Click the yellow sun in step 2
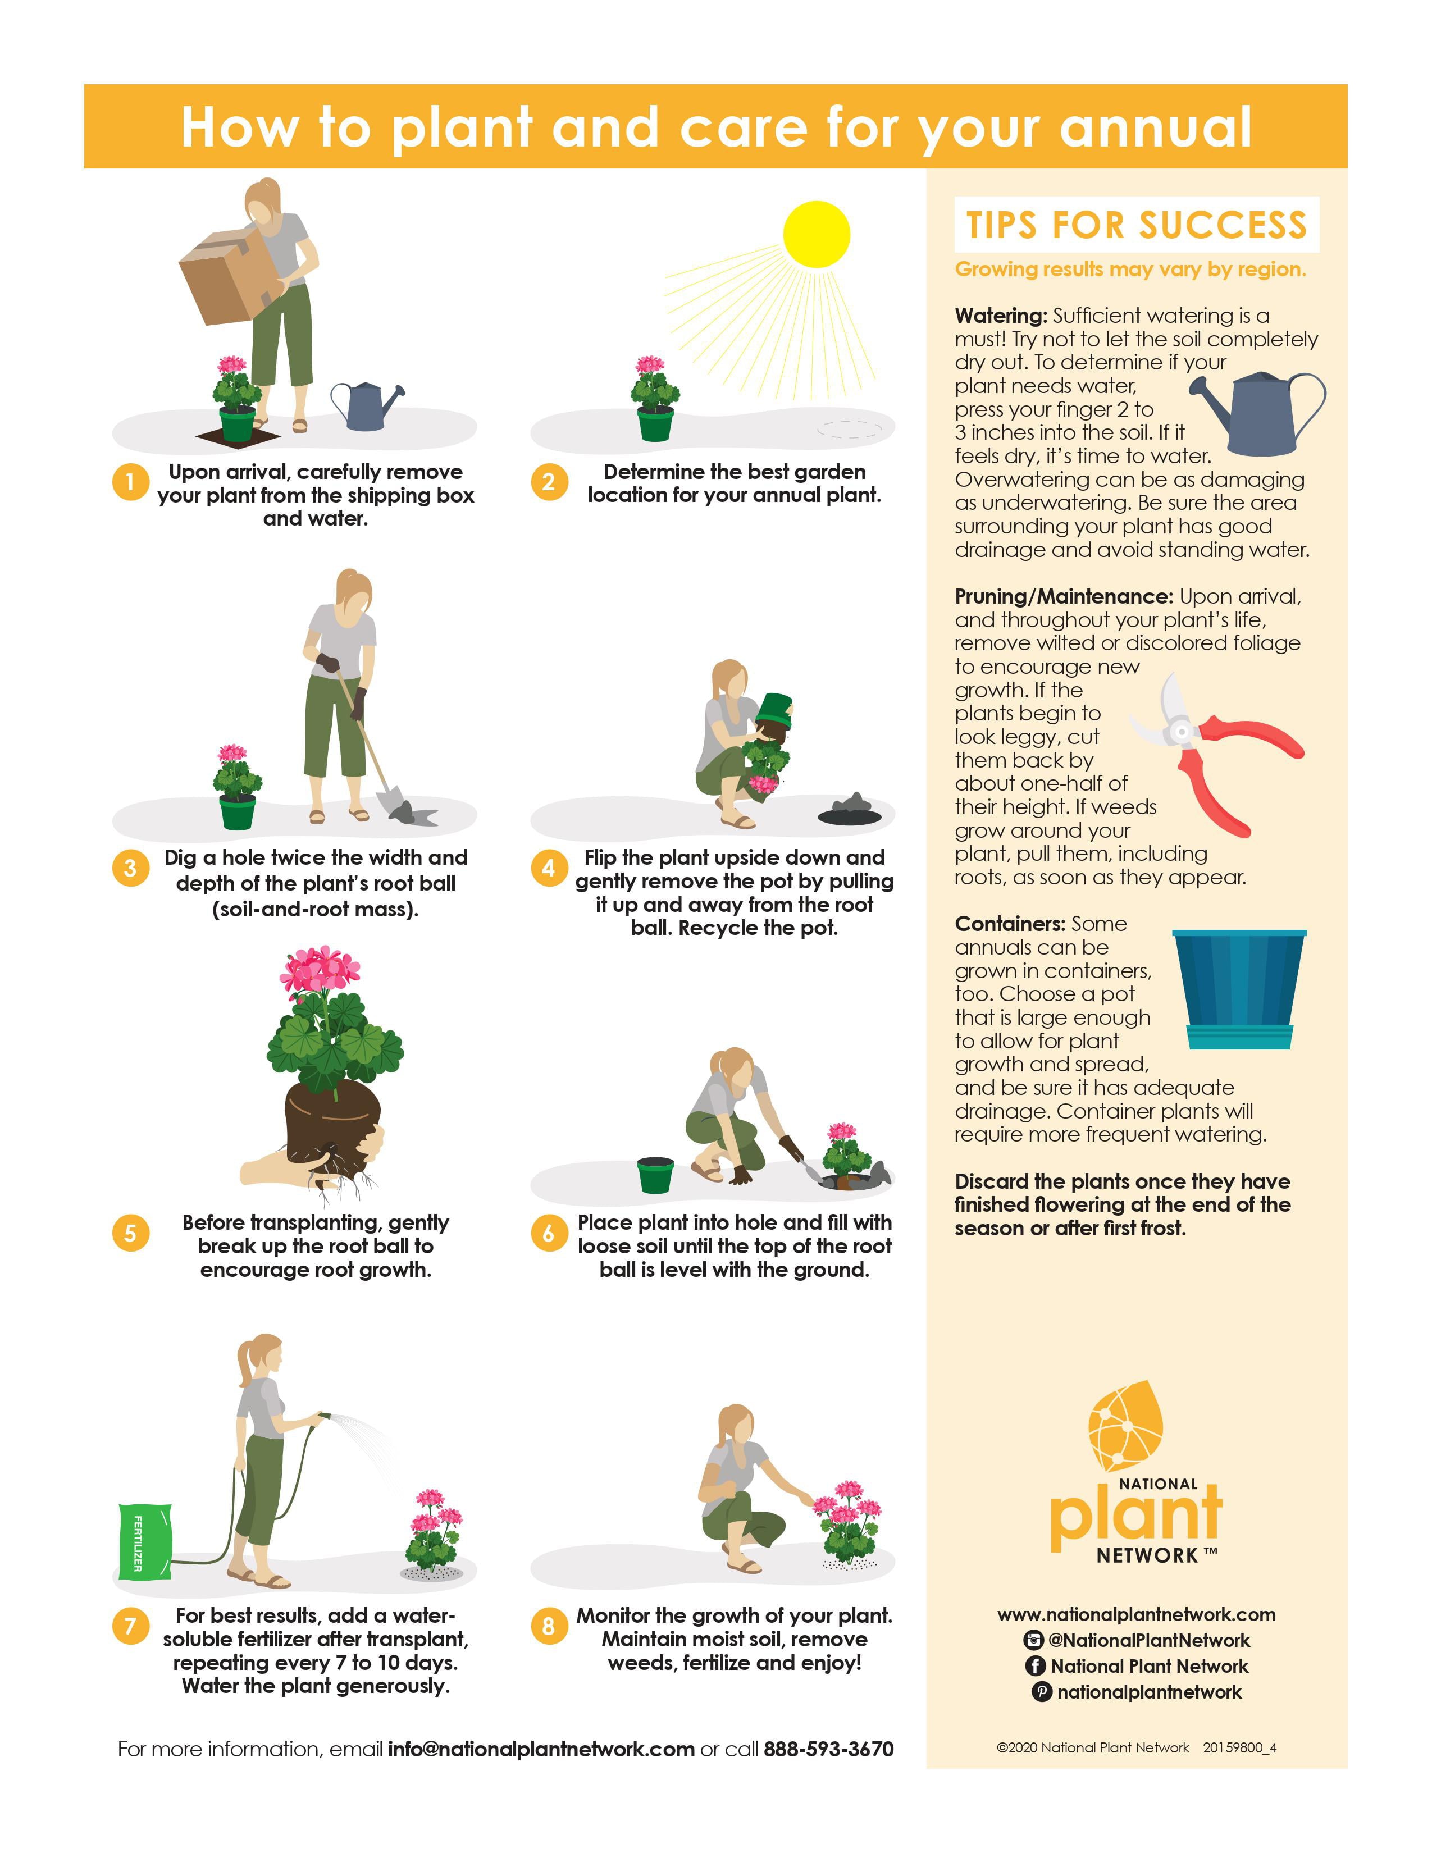816,234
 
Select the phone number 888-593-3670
829,1749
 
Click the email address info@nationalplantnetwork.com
541,1749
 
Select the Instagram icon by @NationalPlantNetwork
1033,1640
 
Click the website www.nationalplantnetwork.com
1136,1614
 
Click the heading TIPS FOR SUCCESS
1137,225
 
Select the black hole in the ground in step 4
849,816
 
